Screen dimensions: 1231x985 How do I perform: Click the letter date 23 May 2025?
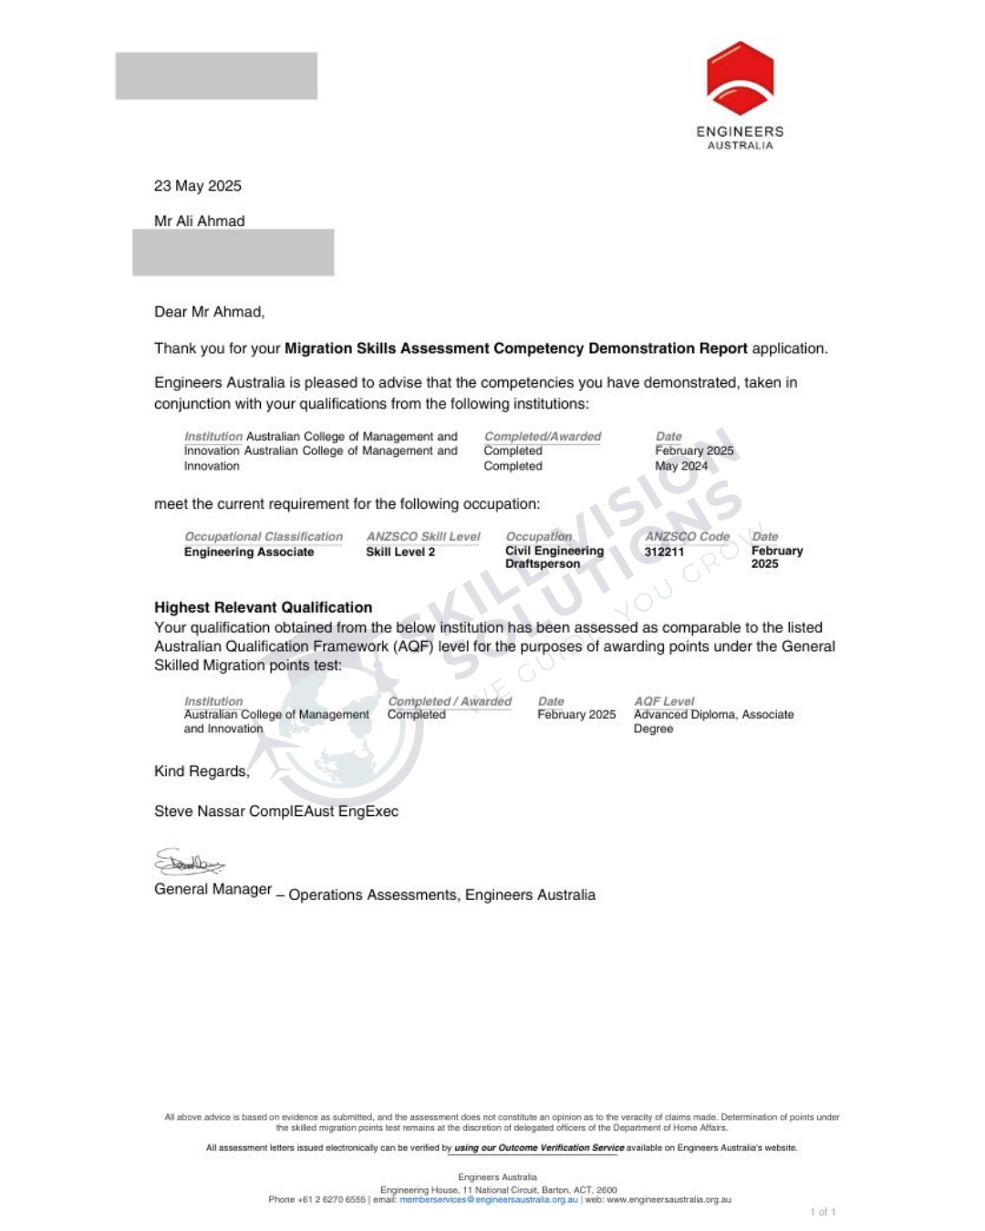198,186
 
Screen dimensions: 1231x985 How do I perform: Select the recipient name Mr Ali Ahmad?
200,221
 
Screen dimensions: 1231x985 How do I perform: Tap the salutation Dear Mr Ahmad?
209,312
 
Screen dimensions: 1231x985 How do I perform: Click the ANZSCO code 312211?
664,552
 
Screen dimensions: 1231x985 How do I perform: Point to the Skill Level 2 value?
400,552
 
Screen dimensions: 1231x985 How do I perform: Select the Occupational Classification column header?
264,537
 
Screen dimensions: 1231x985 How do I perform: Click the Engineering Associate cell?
249,552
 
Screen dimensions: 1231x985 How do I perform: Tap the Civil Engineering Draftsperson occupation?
554,557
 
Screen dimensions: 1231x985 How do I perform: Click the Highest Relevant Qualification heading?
263,607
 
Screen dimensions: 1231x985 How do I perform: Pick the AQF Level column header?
664,701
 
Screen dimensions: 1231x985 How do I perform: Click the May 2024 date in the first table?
681,466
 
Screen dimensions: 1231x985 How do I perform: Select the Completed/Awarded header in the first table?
543,437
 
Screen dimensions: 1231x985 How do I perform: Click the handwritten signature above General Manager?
189,862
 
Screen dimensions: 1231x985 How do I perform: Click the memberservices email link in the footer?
489,1200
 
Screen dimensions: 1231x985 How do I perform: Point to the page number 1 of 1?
823,1212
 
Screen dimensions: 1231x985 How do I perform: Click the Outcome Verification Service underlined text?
539,1148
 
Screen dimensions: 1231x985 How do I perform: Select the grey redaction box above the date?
216,76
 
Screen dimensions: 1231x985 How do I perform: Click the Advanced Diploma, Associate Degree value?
713,721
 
